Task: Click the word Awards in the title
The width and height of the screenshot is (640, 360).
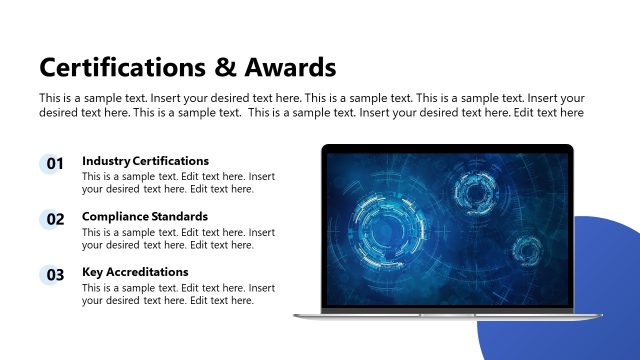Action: [290, 68]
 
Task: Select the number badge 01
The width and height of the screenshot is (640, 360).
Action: [54, 164]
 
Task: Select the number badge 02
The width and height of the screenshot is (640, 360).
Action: [54, 219]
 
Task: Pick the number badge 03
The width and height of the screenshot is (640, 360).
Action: [54, 275]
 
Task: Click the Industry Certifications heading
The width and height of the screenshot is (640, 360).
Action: [145, 161]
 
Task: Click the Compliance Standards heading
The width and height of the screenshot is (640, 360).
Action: [145, 216]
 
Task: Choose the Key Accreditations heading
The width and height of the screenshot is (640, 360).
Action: [135, 272]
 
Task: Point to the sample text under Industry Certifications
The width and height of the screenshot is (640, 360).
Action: [178, 183]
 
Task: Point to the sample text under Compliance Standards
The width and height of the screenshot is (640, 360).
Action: [178, 238]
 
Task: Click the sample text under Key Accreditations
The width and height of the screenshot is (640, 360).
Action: [178, 294]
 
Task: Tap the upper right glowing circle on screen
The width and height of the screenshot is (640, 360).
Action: [474, 189]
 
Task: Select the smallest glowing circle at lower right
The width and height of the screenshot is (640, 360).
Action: [526, 250]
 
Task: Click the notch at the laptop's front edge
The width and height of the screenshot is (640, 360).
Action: [447, 313]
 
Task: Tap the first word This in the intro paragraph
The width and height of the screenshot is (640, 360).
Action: [50, 98]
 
